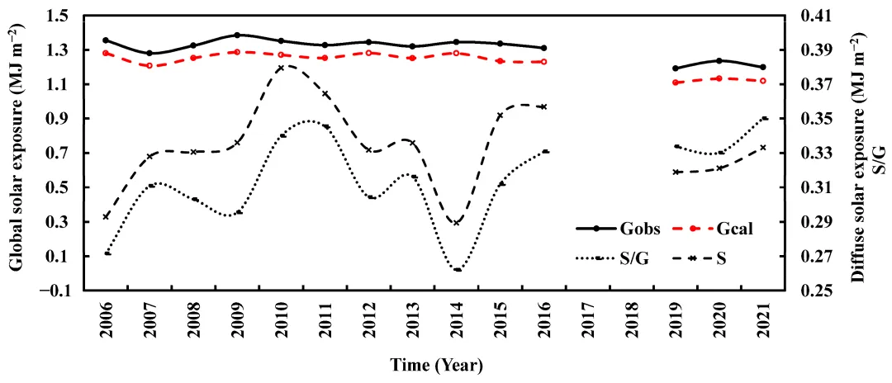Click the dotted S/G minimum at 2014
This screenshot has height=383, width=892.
pos(457,269)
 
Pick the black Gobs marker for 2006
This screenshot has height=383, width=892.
pos(106,40)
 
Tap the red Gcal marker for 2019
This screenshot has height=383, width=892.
pos(676,83)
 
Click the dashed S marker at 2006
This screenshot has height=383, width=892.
pos(106,216)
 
